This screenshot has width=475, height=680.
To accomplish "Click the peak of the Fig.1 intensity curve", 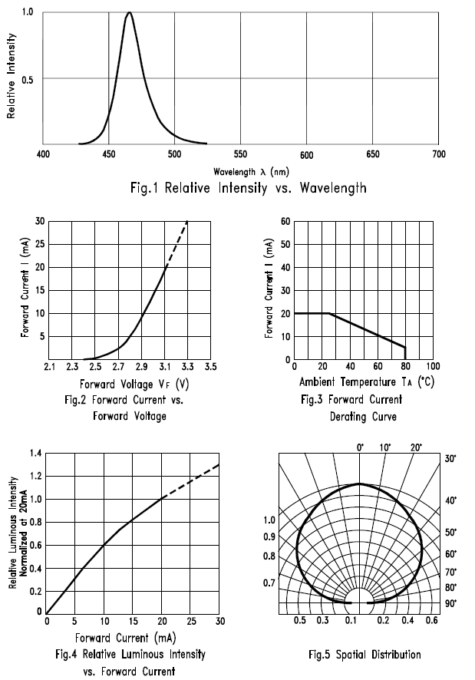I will pos(129,13).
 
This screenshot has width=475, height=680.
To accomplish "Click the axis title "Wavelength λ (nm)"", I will pos(240,171).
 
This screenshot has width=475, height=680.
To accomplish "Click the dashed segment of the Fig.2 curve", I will pos(176,243).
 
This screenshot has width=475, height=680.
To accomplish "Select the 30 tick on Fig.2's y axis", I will pos(39,221).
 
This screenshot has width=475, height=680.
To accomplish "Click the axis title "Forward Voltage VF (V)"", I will pos(128,383).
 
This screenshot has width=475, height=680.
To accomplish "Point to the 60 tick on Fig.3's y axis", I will pos(284,221).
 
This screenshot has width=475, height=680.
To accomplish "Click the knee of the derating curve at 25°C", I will pos(329,313).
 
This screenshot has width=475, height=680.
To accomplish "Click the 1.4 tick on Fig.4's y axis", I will pos(36,454).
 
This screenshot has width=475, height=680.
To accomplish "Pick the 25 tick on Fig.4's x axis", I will pos(190,621).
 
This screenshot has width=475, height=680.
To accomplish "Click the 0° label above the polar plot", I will pos(361,447).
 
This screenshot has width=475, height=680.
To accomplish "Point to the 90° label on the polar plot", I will pos(450,604).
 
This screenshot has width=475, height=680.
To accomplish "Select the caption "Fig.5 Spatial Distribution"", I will pos(364,655).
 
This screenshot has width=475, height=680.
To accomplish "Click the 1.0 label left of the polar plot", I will pos(269,520).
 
